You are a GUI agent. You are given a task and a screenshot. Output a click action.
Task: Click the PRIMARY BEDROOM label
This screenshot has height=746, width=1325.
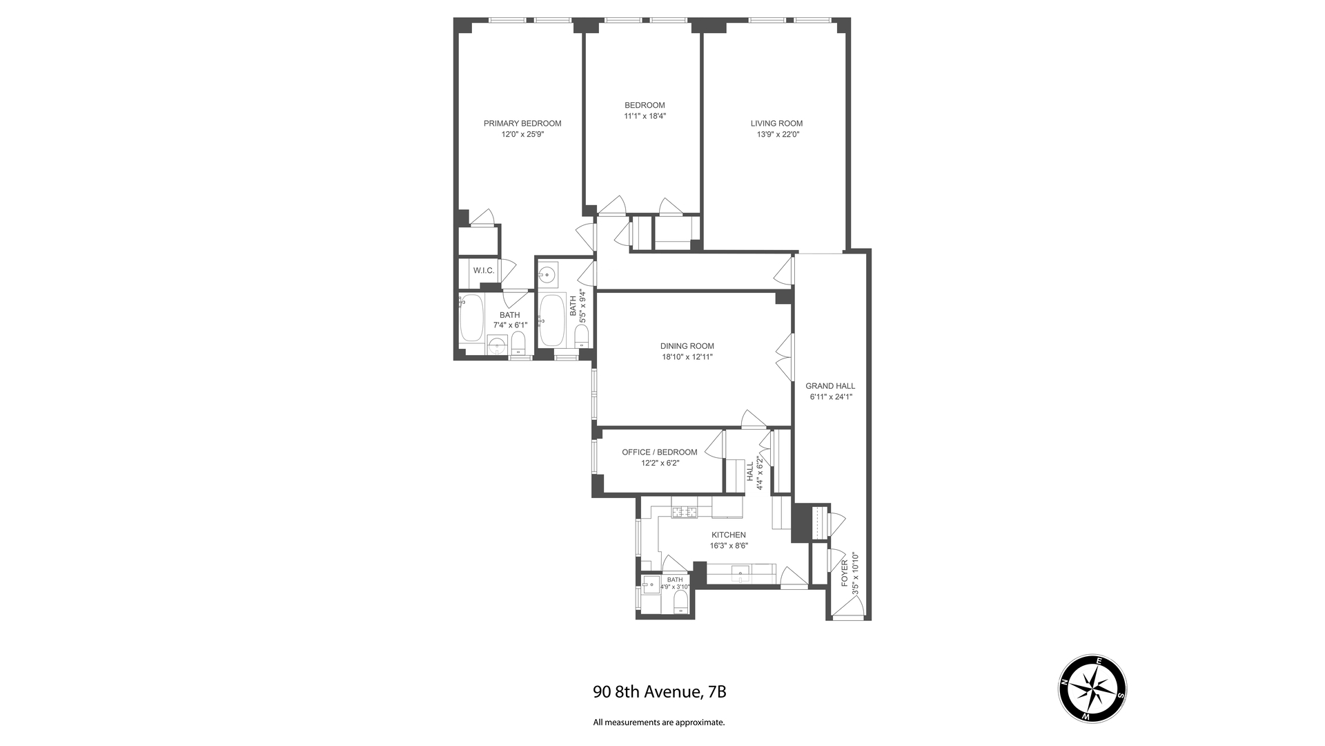pyautogui.click(x=522, y=124)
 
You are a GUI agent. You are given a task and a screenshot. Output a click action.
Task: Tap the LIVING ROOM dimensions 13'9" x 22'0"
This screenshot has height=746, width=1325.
pyautogui.click(x=777, y=135)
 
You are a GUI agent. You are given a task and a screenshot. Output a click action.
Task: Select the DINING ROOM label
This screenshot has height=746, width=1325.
pyautogui.click(x=687, y=346)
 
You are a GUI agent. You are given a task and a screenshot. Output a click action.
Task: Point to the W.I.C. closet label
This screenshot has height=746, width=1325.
pyautogui.click(x=483, y=270)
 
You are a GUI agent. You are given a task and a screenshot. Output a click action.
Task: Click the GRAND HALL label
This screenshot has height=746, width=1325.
pyautogui.click(x=830, y=386)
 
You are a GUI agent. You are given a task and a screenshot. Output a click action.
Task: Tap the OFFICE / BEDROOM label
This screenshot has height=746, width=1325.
pyautogui.click(x=659, y=452)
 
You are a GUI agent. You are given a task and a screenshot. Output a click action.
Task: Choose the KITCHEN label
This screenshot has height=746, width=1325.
pyautogui.click(x=729, y=535)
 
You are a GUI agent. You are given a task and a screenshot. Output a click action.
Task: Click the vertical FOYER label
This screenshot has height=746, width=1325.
pyautogui.click(x=844, y=574)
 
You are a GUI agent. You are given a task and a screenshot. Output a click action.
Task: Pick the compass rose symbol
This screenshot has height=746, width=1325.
pyautogui.click(x=1092, y=689)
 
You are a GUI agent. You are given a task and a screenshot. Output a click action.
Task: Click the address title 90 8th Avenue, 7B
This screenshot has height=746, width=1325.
pyautogui.click(x=659, y=691)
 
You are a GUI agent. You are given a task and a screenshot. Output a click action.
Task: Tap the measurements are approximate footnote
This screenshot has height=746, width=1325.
pyautogui.click(x=659, y=723)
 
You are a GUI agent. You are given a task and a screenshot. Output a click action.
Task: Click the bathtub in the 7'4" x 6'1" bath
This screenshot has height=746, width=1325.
pyautogui.click(x=472, y=318)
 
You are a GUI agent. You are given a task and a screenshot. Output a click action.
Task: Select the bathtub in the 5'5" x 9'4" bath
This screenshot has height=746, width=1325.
pyautogui.click(x=551, y=321)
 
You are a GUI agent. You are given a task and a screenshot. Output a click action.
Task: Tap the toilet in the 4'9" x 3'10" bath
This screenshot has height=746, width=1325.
pyautogui.click(x=680, y=600)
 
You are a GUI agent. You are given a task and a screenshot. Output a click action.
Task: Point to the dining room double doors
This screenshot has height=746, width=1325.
pyautogui.click(x=783, y=356)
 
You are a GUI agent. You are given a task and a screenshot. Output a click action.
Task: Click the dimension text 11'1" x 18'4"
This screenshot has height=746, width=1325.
pyautogui.click(x=645, y=116)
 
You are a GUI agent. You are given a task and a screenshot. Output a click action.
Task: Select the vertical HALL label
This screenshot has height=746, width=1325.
pyautogui.click(x=750, y=472)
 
